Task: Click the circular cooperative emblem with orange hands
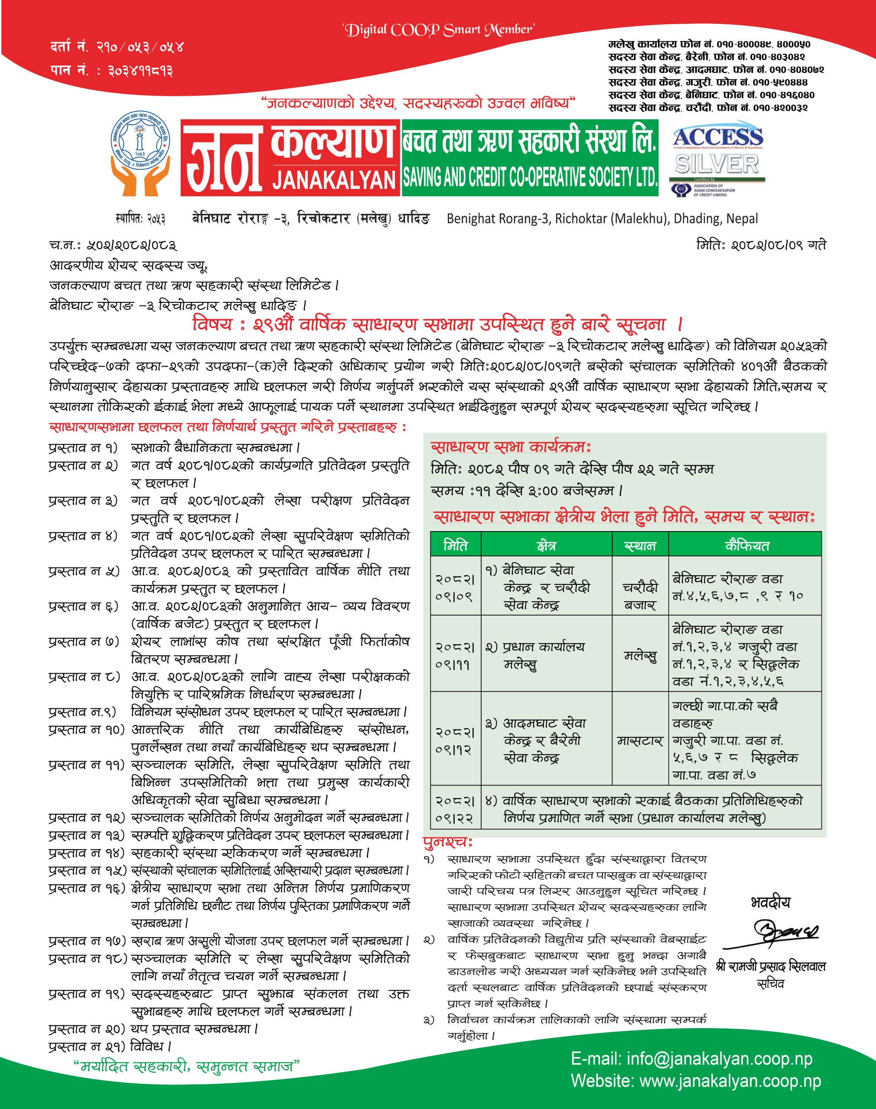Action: pos(140,156)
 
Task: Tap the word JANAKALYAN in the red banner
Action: pos(334,179)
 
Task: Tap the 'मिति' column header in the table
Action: pos(456,546)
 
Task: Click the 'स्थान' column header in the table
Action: pos(640,546)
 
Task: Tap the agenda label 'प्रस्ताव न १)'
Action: pos(82,448)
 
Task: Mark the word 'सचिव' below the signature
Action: pos(771,983)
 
